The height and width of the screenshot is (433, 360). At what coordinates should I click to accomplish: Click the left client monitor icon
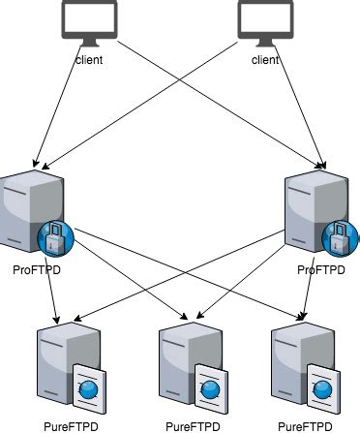90,21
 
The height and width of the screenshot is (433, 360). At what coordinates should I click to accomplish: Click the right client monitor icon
264,21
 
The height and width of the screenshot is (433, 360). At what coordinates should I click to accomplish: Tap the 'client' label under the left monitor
90,60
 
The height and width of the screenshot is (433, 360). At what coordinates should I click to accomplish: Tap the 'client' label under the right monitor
264,60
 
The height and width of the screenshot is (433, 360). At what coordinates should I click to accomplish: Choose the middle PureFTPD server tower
180,363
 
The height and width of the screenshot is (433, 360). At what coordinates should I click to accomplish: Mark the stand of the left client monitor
90,45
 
